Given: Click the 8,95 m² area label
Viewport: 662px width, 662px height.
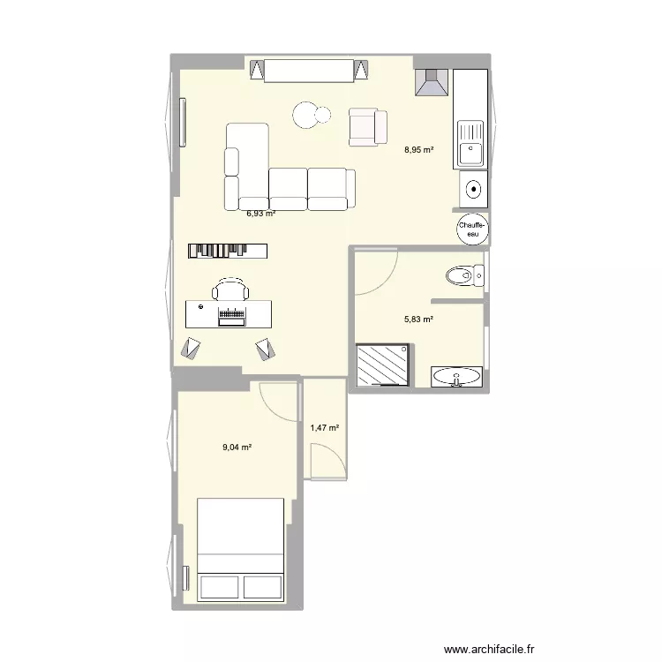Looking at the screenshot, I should click(x=419, y=150).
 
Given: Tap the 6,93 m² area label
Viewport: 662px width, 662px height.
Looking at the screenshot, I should click(x=260, y=213).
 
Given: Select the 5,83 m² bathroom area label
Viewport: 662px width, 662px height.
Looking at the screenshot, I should click(x=419, y=320).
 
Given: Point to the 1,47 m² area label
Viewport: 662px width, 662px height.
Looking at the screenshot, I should click(x=325, y=428).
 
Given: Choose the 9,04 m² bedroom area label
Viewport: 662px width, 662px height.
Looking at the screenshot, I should click(x=237, y=448).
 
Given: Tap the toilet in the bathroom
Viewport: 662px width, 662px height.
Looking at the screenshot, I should click(x=464, y=277).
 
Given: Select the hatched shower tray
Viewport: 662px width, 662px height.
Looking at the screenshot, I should click(x=383, y=365).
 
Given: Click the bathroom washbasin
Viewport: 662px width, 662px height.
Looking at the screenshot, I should click(x=457, y=377).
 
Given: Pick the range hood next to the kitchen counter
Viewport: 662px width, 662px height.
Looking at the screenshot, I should click(x=432, y=83).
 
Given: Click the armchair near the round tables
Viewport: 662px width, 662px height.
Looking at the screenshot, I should click(x=367, y=126).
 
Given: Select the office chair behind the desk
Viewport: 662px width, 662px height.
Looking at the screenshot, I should click(x=229, y=289).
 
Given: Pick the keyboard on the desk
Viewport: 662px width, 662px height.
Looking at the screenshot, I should click(x=232, y=314).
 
